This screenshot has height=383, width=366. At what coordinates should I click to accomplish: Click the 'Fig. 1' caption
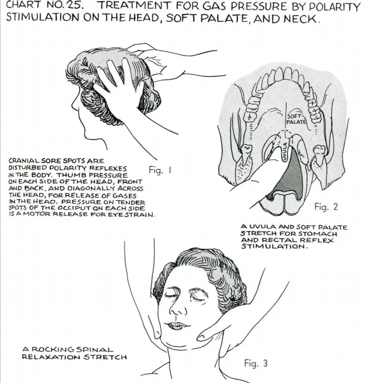coord(160,170)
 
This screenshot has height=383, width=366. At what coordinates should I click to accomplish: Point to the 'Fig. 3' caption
coord(256,363)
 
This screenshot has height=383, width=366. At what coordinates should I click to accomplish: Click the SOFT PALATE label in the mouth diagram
coord(296,119)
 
